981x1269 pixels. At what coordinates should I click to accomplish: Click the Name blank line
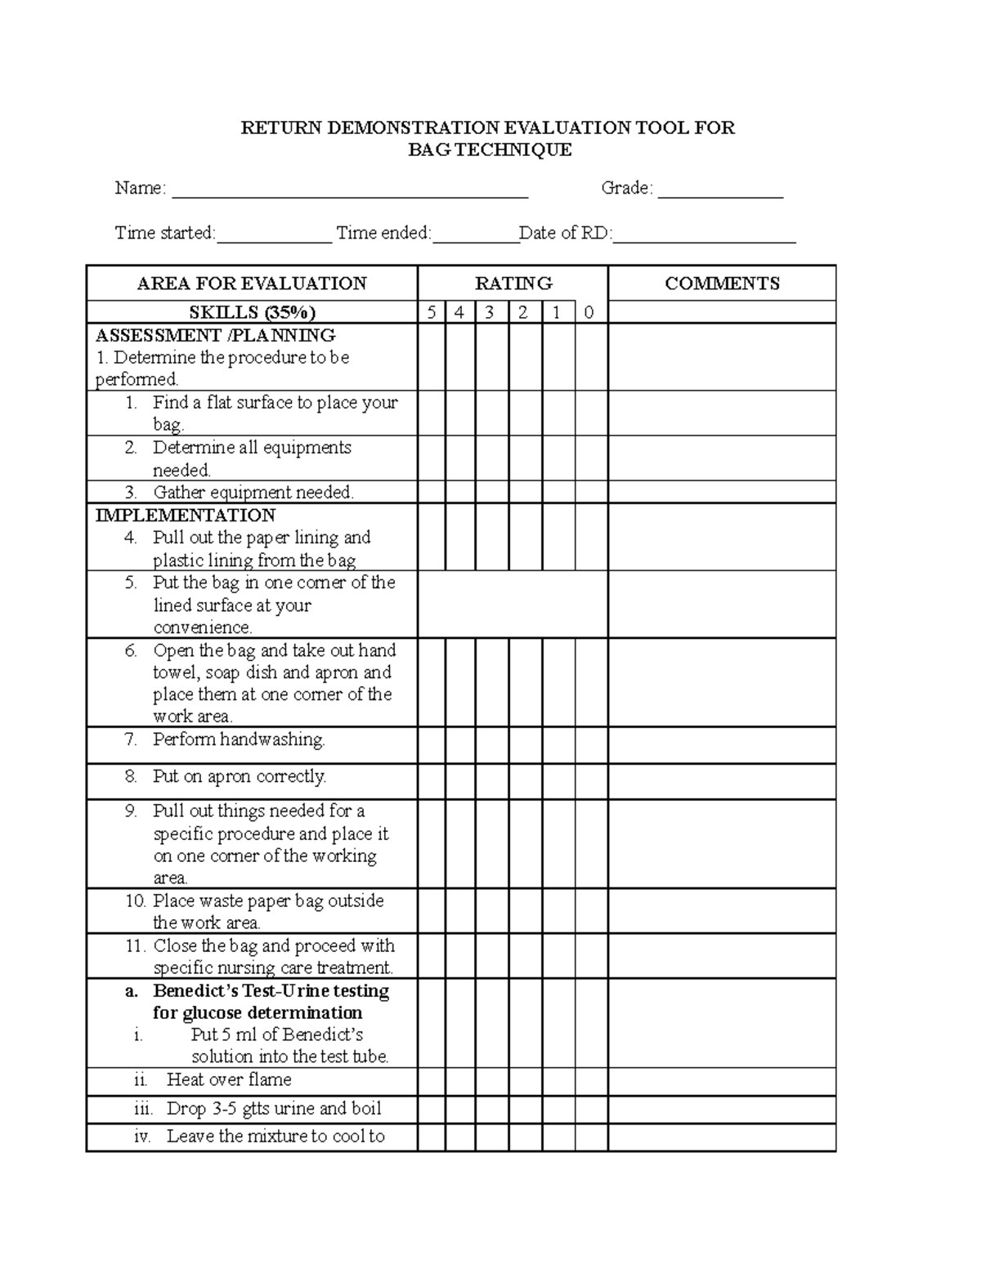click(x=349, y=194)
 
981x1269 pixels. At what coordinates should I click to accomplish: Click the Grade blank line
click(x=720, y=194)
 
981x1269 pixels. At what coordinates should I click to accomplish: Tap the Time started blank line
click(x=275, y=239)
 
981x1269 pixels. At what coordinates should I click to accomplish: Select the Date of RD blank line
click(x=704, y=239)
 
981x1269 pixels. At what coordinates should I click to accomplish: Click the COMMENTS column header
click(x=722, y=284)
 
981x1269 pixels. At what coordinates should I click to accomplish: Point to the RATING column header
click(x=513, y=284)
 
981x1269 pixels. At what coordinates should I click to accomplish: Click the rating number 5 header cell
click(x=432, y=312)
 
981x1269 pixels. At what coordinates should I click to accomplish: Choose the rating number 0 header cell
click(x=590, y=312)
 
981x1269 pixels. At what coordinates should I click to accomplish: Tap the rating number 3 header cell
click(x=491, y=312)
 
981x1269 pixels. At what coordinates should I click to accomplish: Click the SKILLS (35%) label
click(x=253, y=312)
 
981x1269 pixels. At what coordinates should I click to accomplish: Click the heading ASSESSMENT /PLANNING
click(x=216, y=335)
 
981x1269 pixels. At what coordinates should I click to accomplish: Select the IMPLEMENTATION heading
click(x=186, y=516)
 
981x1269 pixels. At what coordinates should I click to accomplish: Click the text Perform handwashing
click(x=239, y=740)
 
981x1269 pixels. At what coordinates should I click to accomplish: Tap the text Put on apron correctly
click(x=240, y=776)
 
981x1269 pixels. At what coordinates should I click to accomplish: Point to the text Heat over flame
click(x=229, y=1079)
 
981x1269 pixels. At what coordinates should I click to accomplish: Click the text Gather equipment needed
click(x=253, y=492)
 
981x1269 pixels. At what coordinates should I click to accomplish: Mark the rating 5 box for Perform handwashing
click(x=432, y=745)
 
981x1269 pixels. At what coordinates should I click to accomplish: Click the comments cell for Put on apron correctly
click(x=722, y=781)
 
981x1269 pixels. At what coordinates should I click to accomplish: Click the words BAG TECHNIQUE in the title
click(x=490, y=150)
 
